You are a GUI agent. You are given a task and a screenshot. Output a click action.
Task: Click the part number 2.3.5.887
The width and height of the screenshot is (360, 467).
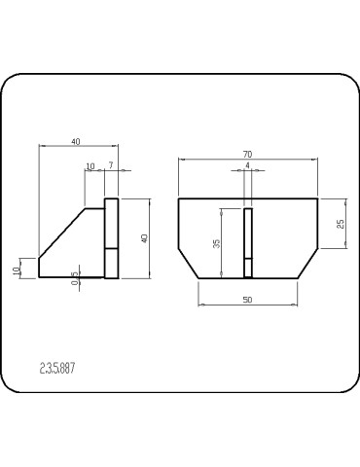[x=57, y=369]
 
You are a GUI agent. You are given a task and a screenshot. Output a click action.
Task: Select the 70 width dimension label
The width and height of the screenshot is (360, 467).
[x=247, y=155]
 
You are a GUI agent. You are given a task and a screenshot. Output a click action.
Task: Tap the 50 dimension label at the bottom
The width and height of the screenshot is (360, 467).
[x=247, y=300]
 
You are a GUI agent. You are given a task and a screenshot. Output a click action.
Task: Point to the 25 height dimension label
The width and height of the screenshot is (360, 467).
[x=341, y=224]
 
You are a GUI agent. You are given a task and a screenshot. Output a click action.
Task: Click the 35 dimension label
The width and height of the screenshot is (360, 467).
[x=217, y=243]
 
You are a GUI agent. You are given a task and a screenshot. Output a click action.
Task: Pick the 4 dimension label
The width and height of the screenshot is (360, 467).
[x=247, y=165]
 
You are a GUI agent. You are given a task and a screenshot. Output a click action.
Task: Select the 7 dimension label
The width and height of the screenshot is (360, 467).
[x=111, y=165]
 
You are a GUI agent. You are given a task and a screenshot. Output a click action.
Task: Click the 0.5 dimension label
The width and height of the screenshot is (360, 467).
[x=75, y=278]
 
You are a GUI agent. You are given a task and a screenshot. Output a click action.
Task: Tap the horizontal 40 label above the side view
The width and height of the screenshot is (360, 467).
[x=76, y=142]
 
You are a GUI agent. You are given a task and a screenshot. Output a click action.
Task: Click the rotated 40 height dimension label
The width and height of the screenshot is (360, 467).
[x=145, y=238]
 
